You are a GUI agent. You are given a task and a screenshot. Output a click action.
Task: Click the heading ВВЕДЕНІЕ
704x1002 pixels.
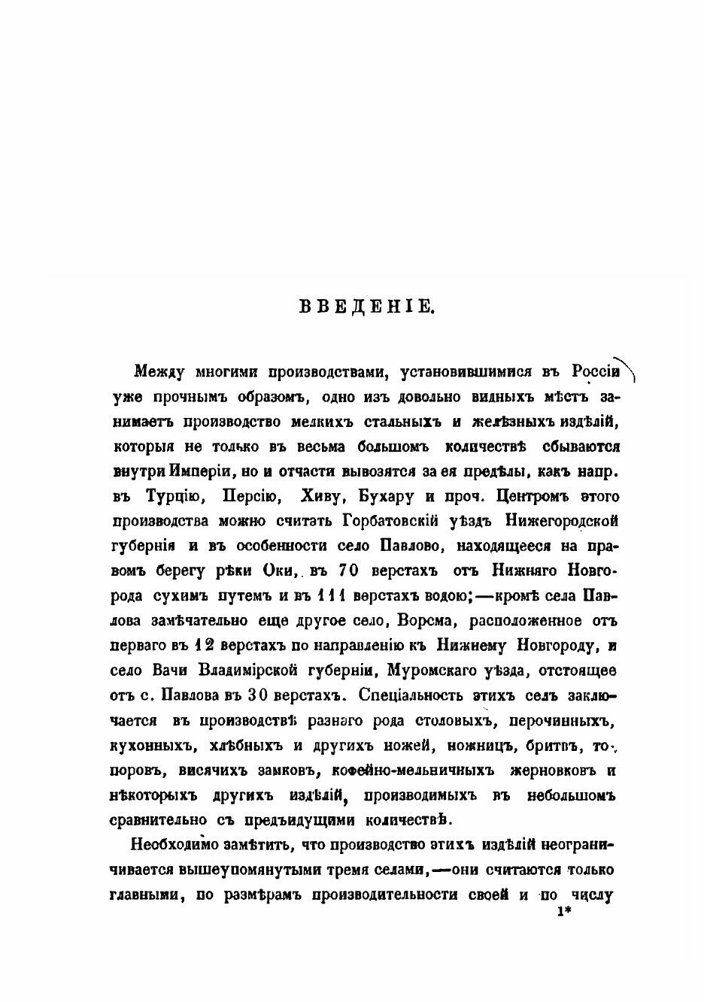pos(366,306)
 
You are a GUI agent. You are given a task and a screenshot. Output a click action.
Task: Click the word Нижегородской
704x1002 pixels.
pos(566,521)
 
